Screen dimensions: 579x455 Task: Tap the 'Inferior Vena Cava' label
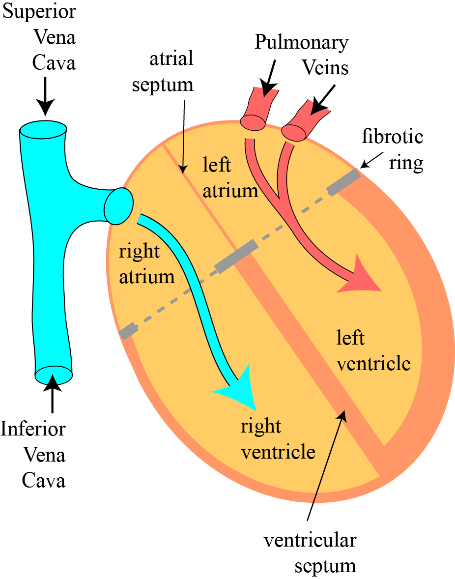tap(34, 454)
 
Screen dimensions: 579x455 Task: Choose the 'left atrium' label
tap(230, 177)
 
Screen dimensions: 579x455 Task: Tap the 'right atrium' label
tap(146, 264)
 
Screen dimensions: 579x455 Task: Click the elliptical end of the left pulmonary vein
tap(253, 122)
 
